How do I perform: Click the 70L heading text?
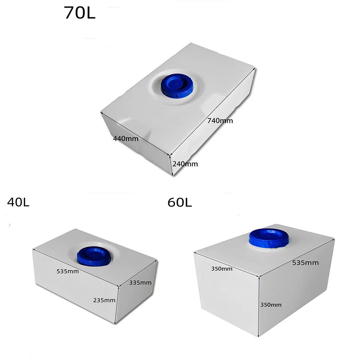pyautogui.click(x=80, y=13)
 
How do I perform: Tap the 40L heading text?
pyautogui.click(x=18, y=202)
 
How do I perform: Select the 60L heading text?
pyautogui.click(x=180, y=202)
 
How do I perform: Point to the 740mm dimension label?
pyautogui.click(x=220, y=121)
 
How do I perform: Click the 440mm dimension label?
pyautogui.click(x=126, y=139)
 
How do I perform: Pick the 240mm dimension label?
pyautogui.click(x=185, y=164)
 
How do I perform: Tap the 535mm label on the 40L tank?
pyautogui.click(x=68, y=271)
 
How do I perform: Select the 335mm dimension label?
pyautogui.click(x=140, y=283)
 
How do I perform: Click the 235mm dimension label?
pyautogui.click(x=104, y=300)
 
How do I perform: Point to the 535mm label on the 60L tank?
pyautogui.click(x=305, y=263)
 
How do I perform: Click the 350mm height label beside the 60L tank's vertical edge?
pyautogui.click(x=270, y=305)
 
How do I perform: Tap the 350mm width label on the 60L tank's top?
pyautogui.click(x=222, y=269)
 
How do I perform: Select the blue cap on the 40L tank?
pyautogui.click(x=93, y=256)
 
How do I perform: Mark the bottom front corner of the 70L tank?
pyautogui.click(x=173, y=175)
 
